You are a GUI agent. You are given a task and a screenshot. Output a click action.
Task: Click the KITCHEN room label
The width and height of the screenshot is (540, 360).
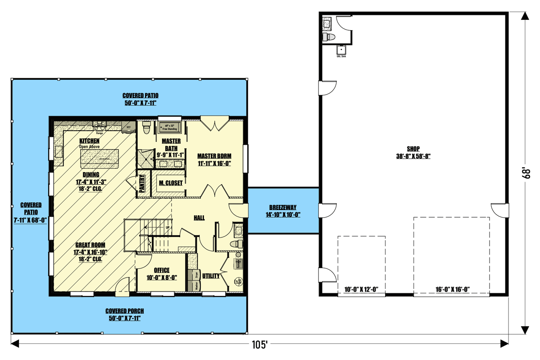[x=89, y=141]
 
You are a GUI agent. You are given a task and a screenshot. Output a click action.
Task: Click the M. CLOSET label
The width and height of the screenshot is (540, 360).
[x=171, y=183]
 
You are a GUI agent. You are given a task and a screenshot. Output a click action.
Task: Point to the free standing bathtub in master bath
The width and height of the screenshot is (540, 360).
[x=170, y=127]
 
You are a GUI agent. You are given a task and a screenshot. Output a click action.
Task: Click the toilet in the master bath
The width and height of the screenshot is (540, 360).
[x=146, y=128]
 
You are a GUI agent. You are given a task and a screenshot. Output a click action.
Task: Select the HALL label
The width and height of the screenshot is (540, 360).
[x=199, y=218]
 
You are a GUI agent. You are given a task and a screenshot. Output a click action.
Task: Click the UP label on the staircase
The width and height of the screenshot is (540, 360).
[x=168, y=228]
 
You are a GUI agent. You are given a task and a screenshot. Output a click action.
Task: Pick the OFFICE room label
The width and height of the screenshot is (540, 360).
[x=162, y=270]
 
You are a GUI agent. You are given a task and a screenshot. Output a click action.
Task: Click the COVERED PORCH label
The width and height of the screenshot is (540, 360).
[x=125, y=311]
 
